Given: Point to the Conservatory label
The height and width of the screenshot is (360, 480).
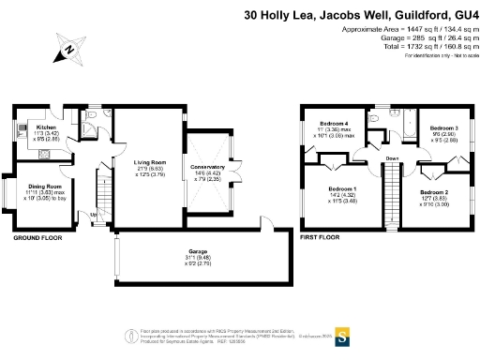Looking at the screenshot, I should click(x=208, y=141).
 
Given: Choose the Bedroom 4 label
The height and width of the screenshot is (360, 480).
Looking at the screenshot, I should click(x=333, y=124).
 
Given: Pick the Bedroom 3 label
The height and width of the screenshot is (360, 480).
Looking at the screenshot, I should click(x=443, y=127).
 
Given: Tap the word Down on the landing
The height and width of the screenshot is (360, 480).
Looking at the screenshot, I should click(x=391, y=158).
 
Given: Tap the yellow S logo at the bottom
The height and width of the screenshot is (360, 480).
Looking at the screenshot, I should click(x=342, y=336).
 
